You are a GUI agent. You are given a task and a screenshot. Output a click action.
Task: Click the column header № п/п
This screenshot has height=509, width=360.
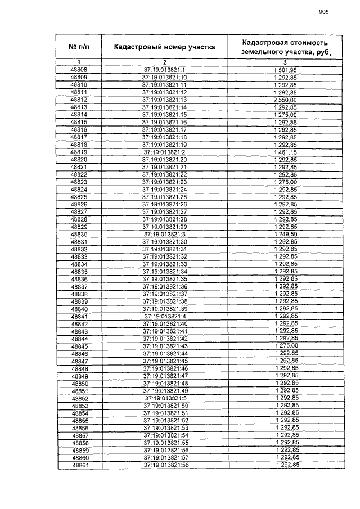tap(79, 47)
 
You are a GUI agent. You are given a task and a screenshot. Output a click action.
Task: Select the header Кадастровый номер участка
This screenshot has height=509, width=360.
tap(164, 47)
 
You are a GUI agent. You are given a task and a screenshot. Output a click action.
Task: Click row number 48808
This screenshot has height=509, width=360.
tap(79, 70)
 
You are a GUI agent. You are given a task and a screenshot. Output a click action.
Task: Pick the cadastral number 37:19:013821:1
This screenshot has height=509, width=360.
tap(164, 70)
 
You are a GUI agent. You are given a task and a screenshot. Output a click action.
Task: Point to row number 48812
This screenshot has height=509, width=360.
tap(79, 100)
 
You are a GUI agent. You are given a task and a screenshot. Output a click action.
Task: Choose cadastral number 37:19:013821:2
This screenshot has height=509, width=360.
tap(164, 152)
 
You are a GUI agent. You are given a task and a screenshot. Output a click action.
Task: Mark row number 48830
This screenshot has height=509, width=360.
tap(79, 234)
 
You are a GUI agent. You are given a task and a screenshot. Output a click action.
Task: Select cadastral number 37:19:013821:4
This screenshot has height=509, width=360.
tap(164, 316)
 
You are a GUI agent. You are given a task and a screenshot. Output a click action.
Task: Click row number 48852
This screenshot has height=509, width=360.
tap(79, 398)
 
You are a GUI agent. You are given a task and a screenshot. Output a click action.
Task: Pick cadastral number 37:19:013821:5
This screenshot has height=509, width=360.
tap(164, 398)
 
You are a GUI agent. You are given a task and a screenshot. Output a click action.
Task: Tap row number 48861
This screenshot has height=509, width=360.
tap(79, 465)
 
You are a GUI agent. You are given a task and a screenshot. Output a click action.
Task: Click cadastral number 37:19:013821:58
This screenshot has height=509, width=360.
tap(164, 465)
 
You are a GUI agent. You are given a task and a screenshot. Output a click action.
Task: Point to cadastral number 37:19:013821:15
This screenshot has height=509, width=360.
tap(164, 115)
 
